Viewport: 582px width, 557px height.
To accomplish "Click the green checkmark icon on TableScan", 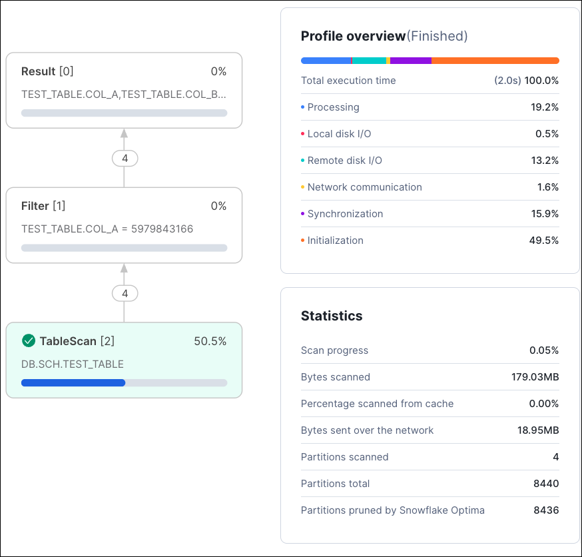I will tap(29, 341).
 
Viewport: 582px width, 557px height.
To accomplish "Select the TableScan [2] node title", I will tap(77, 341).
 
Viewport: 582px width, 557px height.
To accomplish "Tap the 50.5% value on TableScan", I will tap(210, 341).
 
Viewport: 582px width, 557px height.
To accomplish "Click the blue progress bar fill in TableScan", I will tap(73, 382).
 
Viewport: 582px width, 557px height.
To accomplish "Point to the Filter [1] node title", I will tap(43, 206).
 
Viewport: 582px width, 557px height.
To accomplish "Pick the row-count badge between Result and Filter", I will tap(125, 159).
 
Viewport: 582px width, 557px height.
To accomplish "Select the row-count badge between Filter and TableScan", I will tap(125, 293).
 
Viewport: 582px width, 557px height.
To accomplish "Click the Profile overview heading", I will tap(353, 36).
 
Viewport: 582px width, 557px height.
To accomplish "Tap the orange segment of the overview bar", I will tap(495, 61).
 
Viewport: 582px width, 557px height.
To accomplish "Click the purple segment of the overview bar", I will tap(411, 61).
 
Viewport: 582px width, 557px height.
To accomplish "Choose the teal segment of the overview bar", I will tap(369, 61).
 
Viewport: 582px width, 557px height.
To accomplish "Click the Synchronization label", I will tap(345, 214).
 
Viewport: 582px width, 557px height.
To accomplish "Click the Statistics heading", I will tap(332, 316).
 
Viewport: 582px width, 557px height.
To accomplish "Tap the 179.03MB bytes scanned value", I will tap(535, 377).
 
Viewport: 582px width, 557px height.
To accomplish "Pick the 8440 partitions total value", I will tap(545, 484).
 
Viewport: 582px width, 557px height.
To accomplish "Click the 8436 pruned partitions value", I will tap(545, 510).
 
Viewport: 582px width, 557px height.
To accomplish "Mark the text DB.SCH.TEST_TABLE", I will tap(73, 364).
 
